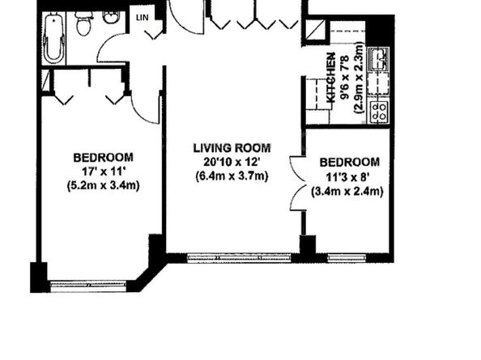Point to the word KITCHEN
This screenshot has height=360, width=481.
(x=330, y=77)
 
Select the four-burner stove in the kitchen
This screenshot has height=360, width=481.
(x=378, y=112)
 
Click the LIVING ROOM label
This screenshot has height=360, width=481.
(x=232, y=148)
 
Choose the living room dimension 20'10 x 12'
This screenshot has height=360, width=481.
(x=232, y=163)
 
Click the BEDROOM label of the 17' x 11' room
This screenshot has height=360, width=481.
(x=103, y=157)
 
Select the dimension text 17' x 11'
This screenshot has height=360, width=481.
(x=103, y=172)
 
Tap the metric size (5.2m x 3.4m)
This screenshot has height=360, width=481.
(x=103, y=186)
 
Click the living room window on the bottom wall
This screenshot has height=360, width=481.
(x=239, y=258)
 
